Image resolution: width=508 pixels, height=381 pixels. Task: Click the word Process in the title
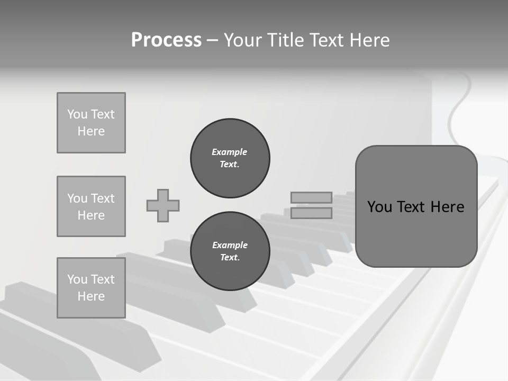click(x=166, y=40)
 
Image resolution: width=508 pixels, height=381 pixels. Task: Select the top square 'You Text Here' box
click(x=91, y=123)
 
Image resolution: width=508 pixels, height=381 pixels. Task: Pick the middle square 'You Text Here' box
click(x=91, y=206)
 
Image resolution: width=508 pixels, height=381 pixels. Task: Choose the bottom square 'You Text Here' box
click(x=91, y=288)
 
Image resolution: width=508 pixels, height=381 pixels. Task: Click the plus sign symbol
click(x=163, y=205)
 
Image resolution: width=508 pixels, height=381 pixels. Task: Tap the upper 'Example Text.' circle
click(x=230, y=158)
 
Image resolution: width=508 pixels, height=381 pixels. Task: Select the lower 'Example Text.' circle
click(x=230, y=251)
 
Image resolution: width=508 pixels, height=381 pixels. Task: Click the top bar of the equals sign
click(x=311, y=197)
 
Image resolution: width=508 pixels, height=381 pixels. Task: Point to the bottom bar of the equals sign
click(x=311, y=213)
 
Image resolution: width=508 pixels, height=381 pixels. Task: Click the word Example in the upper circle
click(x=229, y=152)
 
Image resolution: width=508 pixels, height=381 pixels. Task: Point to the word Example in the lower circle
click(x=230, y=245)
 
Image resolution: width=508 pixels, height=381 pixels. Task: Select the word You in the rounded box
click(x=379, y=207)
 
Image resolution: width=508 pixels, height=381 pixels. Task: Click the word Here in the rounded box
click(x=447, y=207)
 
